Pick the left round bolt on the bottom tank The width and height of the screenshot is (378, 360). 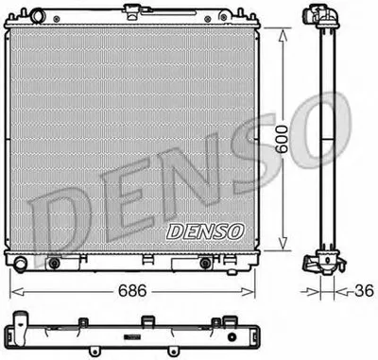pyautogui.click(x=54, y=262)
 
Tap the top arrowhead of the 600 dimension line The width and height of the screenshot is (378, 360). pyautogui.click(x=282, y=30)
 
